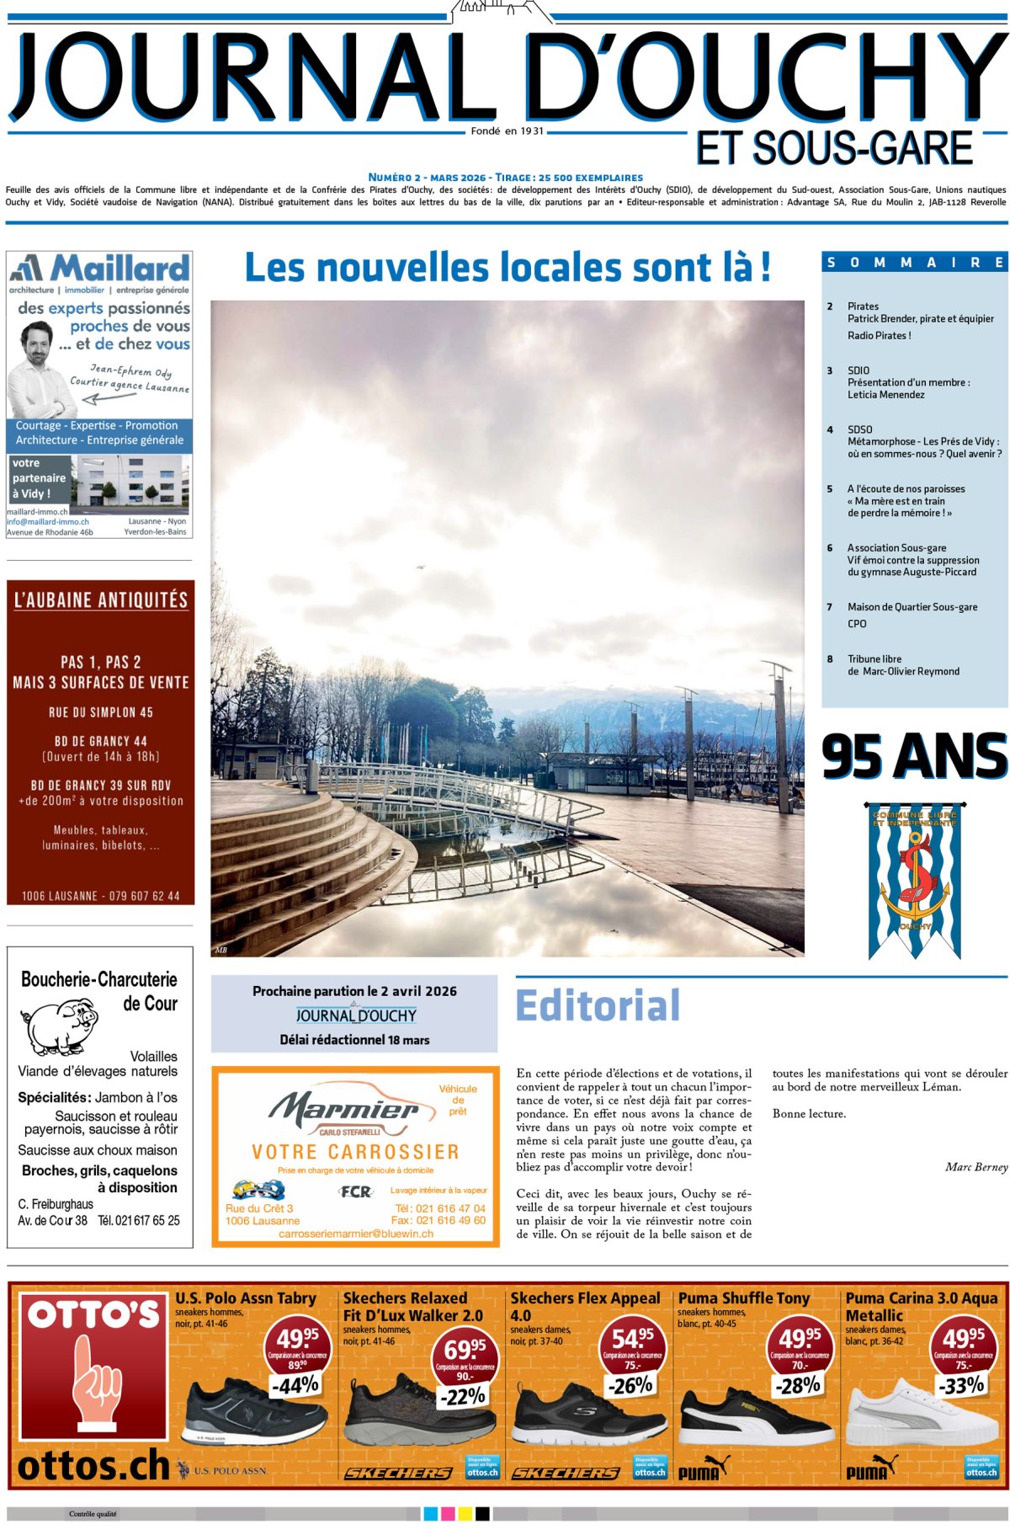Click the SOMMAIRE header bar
pos(914,262)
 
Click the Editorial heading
pos(598,1005)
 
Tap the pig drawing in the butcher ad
pos(57,1026)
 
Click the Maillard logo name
pos(120,269)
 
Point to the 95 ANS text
pos(914,755)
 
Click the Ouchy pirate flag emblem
pos(914,881)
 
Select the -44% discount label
pos(295,1384)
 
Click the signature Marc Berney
pos(975,1167)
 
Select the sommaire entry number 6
pos(829,548)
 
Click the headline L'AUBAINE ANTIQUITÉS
pos(101,600)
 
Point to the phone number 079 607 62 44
pos(144,896)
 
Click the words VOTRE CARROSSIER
pos(355,1152)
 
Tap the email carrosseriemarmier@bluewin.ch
pos(355,1234)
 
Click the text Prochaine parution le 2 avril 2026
pos(354,991)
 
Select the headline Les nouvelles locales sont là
pos(507,268)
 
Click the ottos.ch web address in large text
pos(93,1466)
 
